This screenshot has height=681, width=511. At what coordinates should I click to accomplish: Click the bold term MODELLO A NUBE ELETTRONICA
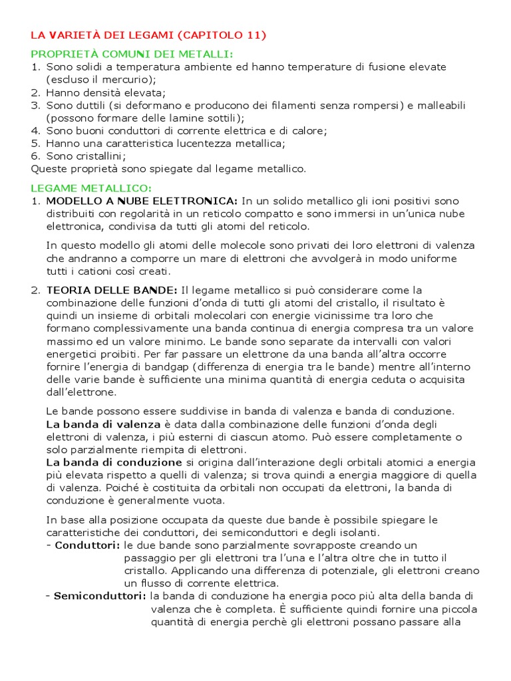click(x=142, y=201)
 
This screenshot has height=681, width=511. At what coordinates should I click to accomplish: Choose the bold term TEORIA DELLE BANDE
click(x=112, y=290)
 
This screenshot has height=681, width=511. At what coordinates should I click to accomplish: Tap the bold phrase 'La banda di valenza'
click(x=103, y=424)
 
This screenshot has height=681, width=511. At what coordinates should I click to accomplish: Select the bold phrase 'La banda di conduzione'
click(x=114, y=462)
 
